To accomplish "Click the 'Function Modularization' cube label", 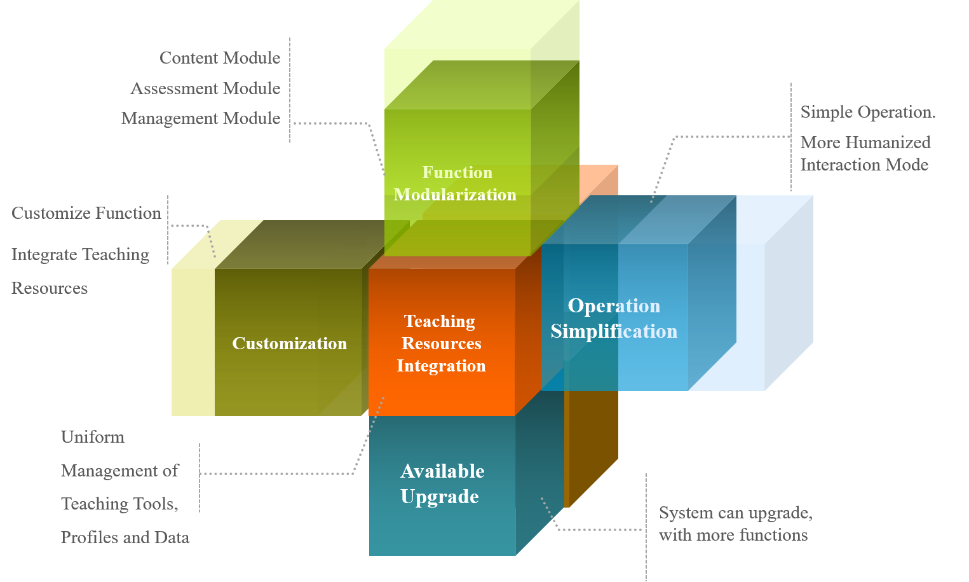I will click(456, 183).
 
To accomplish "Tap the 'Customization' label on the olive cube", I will click(290, 343).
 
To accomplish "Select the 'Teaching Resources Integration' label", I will click(441, 343).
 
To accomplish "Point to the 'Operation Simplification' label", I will click(614, 318).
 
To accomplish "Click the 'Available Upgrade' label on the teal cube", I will click(442, 483).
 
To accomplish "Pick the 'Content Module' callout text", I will click(220, 58).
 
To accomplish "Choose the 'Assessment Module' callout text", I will click(205, 88).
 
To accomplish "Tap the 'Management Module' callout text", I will click(201, 118).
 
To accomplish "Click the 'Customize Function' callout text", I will click(86, 213).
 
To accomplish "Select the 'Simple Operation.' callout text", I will click(868, 113).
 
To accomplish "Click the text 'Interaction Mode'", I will click(864, 165).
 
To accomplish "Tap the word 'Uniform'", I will click(93, 437).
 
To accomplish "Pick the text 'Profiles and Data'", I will click(125, 537).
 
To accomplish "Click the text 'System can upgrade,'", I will click(736, 513).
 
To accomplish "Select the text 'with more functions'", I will click(733, 535).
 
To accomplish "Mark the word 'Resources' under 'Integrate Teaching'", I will click(50, 288).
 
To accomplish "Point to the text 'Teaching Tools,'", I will click(119, 504).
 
